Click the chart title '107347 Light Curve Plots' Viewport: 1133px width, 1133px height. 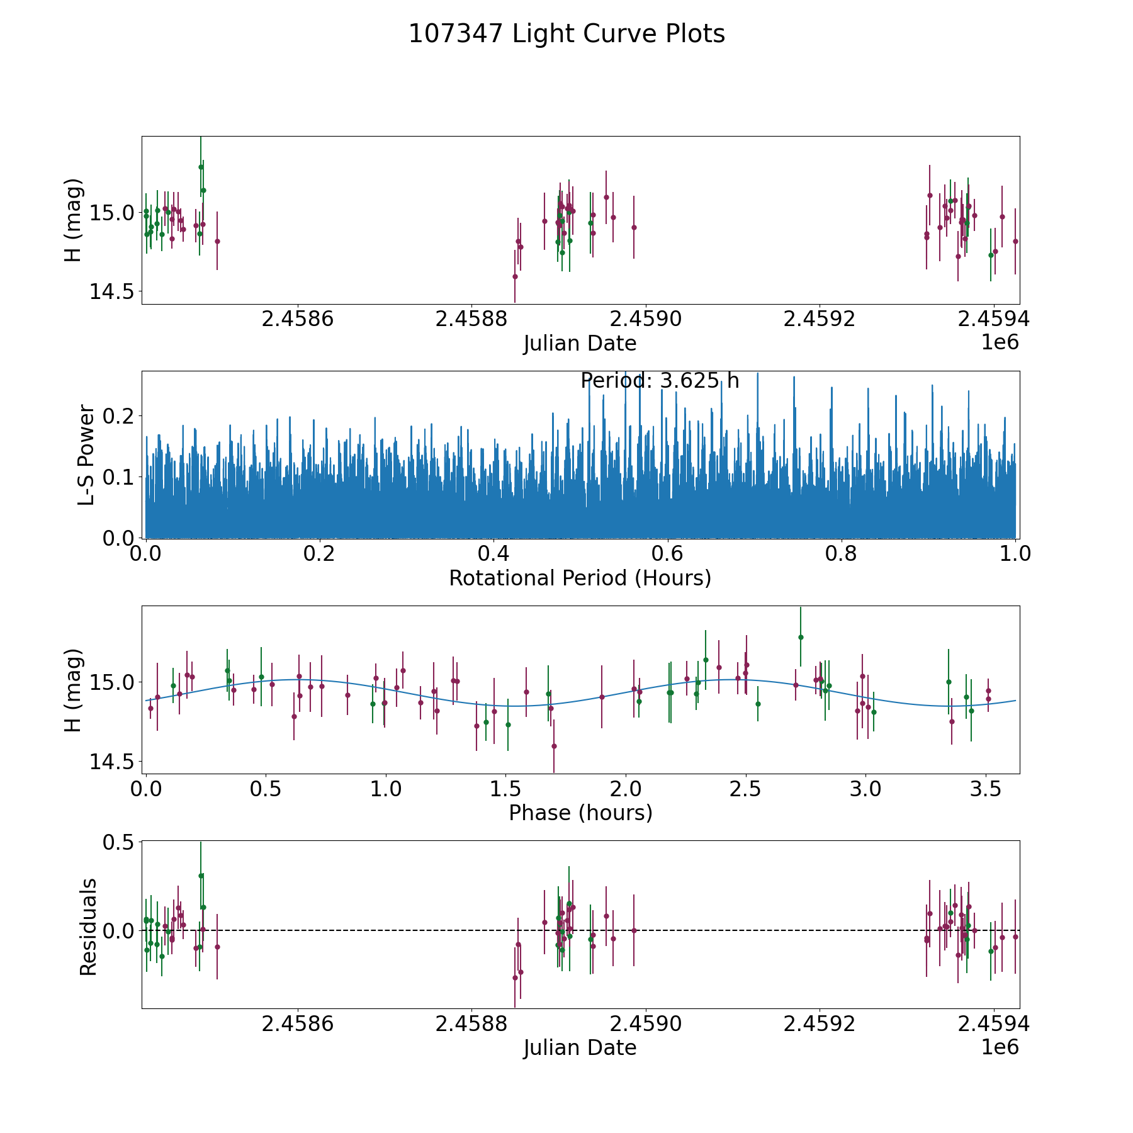[x=566, y=34]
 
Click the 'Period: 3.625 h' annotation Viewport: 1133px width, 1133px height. [x=660, y=381]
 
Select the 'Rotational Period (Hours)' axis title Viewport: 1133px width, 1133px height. [x=580, y=578]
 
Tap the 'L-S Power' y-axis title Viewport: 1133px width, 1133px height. [x=87, y=455]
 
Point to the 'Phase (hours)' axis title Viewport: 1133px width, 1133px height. [x=580, y=813]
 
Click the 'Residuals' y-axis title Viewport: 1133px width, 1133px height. [x=88, y=927]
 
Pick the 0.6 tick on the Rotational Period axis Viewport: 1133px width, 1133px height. [x=667, y=555]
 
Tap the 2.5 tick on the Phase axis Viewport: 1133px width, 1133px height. [x=746, y=789]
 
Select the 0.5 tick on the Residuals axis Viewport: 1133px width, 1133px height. [x=120, y=842]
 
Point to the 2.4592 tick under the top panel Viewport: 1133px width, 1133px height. [x=820, y=320]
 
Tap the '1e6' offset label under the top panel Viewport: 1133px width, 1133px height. [x=1000, y=342]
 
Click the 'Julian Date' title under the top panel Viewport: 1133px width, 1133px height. [x=580, y=344]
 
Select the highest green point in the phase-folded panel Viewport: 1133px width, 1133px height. [x=801, y=637]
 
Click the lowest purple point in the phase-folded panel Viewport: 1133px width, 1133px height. [x=554, y=746]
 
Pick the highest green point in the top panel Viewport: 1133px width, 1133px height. [x=201, y=167]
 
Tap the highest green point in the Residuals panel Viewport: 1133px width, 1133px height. [x=201, y=876]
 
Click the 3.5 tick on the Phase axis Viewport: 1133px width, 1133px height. [x=986, y=789]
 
